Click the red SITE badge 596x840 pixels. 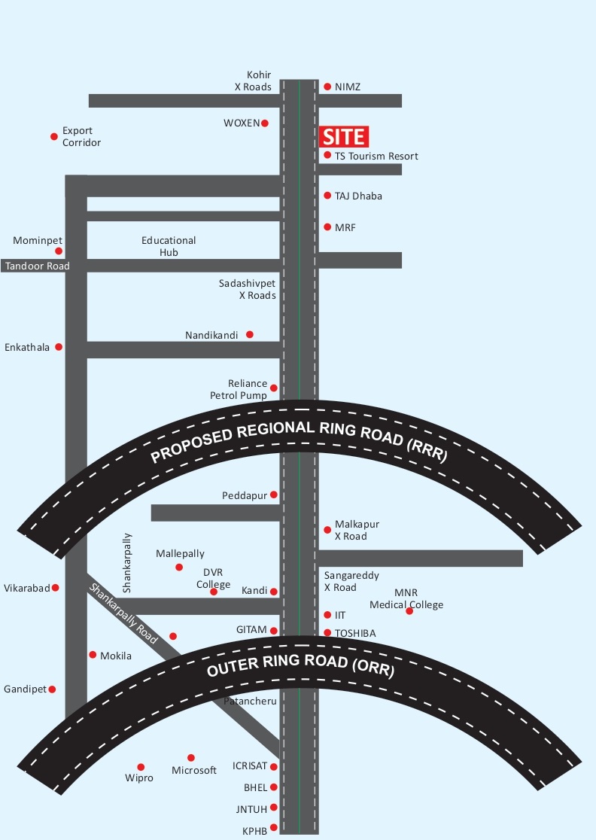point(344,136)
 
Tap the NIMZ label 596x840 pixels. point(348,87)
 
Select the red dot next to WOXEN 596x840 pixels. point(265,123)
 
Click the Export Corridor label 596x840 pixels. point(81,136)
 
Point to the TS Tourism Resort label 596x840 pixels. point(376,156)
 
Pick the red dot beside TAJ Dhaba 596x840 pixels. point(327,196)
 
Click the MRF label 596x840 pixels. point(345,227)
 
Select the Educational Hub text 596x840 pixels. point(169,246)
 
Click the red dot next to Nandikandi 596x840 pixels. point(250,334)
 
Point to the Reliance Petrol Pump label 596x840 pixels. point(238,389)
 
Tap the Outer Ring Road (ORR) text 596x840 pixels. point(300,668)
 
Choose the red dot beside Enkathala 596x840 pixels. point(59,347)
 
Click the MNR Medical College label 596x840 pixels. point(406,599)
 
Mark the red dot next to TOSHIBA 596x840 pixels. point(327,633)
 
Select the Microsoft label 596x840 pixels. point(194,770)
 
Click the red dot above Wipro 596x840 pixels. point(141,766)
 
